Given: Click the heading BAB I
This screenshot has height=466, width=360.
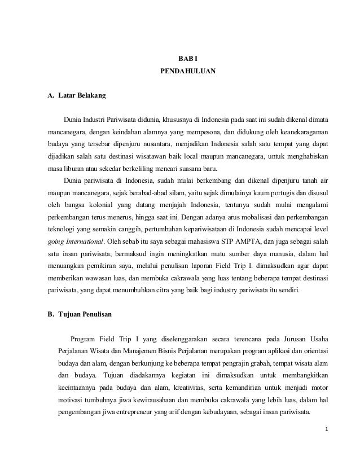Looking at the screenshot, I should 185,59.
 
